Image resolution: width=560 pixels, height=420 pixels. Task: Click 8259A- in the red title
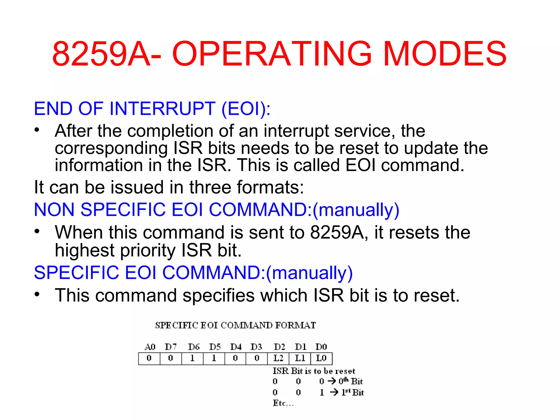pos(107,54)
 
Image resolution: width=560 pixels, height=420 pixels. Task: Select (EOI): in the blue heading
pos(246,109)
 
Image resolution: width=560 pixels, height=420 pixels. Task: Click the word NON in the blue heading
pos(54,210)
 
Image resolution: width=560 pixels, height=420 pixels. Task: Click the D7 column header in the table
pos(171,347)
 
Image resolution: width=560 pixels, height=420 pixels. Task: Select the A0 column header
pos(150,347)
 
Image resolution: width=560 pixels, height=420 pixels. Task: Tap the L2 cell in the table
pos(278,358)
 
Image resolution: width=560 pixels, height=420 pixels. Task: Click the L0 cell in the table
pos(321,358)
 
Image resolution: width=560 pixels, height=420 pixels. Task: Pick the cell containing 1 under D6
pos(192,358)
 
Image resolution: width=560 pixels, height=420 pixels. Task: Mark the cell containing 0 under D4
pos(235,358)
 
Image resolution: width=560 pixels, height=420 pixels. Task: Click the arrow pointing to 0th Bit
pos(332,381)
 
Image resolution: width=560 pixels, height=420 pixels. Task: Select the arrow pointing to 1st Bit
pos(334,392)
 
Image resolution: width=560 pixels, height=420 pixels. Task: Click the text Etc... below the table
pos(283,403)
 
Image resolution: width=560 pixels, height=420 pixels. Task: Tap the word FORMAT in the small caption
pos(295,325)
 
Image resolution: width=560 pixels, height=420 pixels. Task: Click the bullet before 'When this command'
pos(37,231)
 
